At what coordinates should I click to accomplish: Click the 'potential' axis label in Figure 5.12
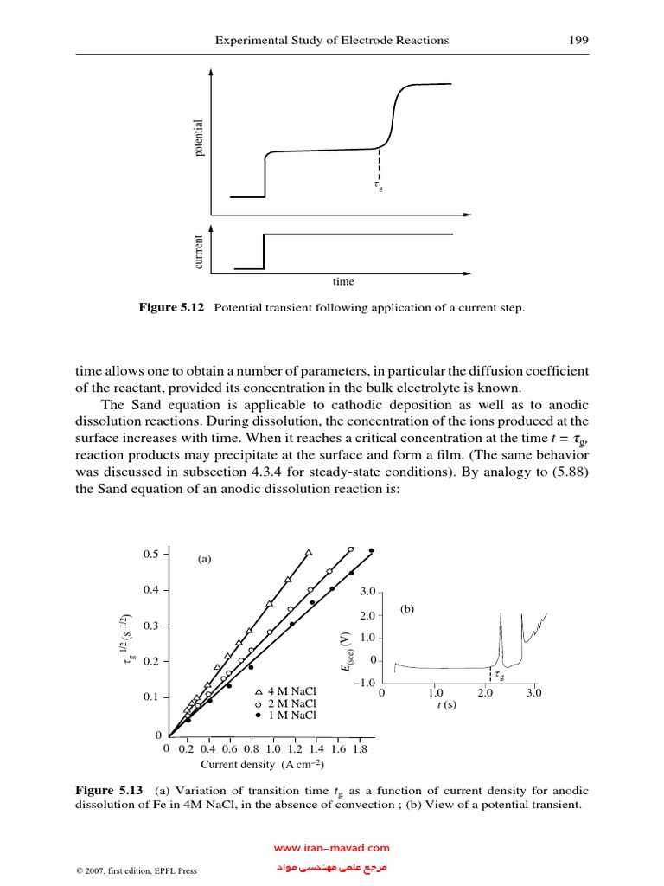198,138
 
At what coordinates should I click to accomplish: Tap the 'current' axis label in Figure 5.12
198,252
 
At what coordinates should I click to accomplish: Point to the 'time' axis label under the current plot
343,282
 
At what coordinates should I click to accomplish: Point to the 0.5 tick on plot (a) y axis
151,554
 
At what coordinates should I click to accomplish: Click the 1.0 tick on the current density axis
273,749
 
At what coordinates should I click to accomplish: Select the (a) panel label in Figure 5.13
204,560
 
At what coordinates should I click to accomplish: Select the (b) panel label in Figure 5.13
408,609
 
